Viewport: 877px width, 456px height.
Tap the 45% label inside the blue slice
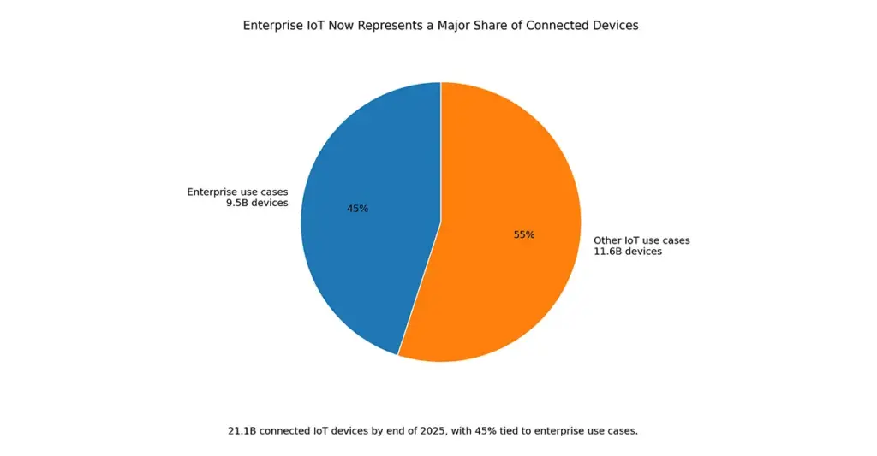357,209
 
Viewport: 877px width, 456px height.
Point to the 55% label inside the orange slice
524,234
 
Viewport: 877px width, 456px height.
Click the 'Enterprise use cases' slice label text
237,192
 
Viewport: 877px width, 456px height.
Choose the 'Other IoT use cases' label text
641,240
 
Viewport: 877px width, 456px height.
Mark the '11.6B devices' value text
628,252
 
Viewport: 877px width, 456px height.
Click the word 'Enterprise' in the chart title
271,26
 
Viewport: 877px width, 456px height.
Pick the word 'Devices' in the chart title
616,26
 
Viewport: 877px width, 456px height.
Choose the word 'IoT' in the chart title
314,26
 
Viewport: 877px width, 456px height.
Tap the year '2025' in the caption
432,431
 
